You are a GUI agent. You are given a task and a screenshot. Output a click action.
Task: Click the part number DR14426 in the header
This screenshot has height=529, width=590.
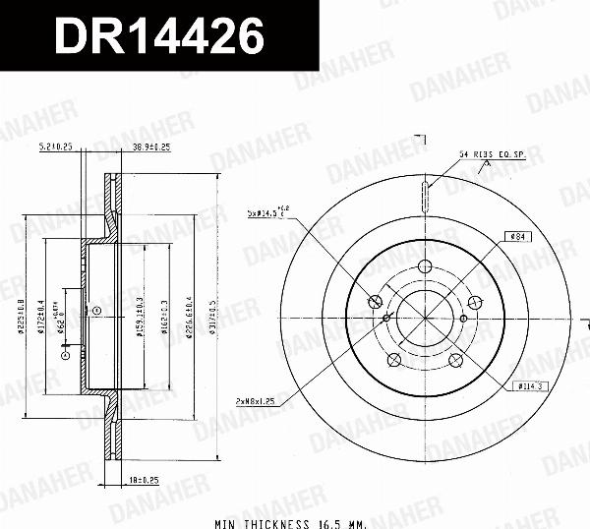[157, 36]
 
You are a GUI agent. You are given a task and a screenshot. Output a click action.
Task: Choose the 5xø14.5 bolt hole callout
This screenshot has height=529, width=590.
[267, 210]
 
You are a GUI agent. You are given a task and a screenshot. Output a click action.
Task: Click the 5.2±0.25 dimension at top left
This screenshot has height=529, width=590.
[56, 147]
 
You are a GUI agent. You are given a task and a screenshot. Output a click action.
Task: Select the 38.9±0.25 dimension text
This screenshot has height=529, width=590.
[151, 147]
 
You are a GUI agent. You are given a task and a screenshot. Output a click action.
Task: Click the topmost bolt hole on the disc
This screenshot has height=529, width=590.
[424, 265]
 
